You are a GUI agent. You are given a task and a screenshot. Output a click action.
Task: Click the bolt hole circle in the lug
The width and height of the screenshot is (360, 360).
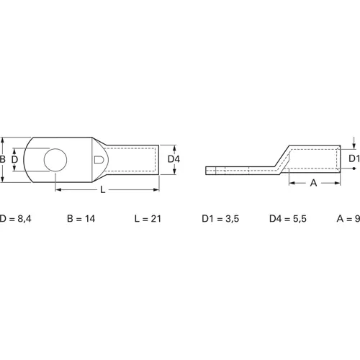[x=55, y=159]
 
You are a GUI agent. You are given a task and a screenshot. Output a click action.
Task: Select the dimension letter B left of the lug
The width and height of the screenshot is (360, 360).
[x=4, y=159]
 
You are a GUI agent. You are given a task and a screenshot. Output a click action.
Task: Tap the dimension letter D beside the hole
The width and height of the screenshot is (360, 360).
[x=14, y=159]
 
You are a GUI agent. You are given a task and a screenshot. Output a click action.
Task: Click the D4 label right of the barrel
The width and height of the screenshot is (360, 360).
[x=174, y=159]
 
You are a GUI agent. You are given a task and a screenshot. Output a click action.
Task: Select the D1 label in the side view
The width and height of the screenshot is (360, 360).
[x=353, y=158]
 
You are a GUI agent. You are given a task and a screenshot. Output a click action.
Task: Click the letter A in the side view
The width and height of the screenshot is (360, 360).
[x=312, y=184]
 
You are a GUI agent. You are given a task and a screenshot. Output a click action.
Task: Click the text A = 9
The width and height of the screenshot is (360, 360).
[x=348, y=218]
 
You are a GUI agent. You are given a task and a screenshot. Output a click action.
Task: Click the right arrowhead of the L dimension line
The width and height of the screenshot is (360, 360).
[x=156, y=189]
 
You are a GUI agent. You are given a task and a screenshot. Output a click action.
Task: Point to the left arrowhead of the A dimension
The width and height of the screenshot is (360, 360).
[x=292, y=184]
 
